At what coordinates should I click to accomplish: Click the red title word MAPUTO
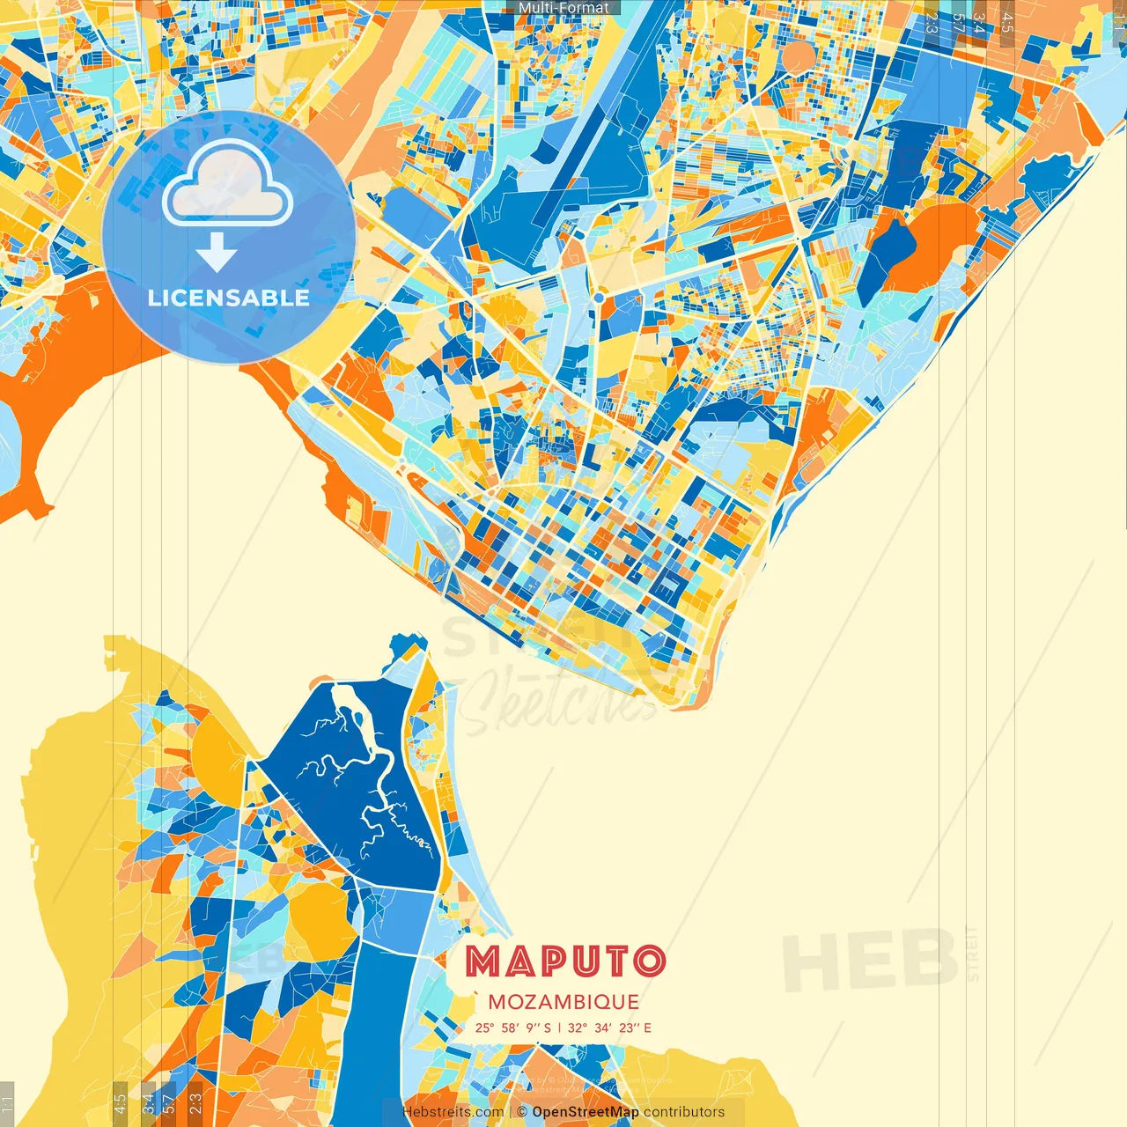pyautogui.click(x=564, y=961)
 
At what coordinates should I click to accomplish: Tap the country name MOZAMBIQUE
pyautogui.click(x=563, y=1002)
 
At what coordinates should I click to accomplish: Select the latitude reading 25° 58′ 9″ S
pyautogui.click(x=513, y=1028)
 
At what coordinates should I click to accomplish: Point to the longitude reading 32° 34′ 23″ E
pyautogui.click(x=609, y=1028)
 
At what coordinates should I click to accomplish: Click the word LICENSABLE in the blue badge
pyautogui.click(x=229, y=298)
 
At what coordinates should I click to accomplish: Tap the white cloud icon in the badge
pyautogui.click(x=227, y=183)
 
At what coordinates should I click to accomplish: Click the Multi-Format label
pyautogui.click(x=563, y=8)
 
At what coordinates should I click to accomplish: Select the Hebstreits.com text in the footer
pyautogui.click(x=453, y=1112)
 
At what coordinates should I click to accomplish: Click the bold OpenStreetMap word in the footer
pyautogui.click(x=586, y=1112)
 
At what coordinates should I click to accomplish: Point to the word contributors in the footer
pyautogui.click(x=684, y=1112)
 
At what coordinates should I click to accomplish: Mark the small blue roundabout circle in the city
pyautogui.click(x=599, y=298)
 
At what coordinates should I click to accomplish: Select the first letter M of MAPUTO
pyautogui.click(x=482, y=961)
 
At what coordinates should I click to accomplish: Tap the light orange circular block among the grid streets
pyautogui.click(x=799, y=58)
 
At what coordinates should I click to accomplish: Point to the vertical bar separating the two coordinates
pyautogui.click(x=560, y=1028)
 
